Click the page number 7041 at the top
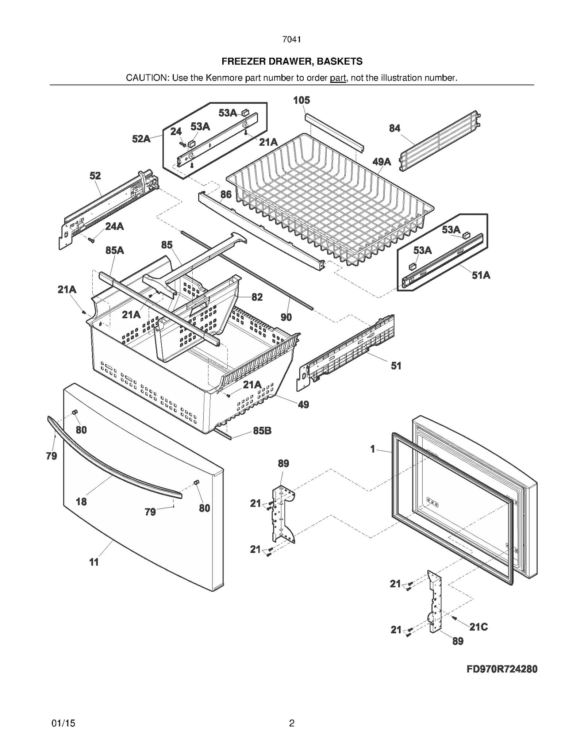point(291,39)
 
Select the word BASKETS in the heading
point(339,61)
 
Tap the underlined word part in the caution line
point(338,78)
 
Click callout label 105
point(301,100)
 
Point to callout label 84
point(395,128)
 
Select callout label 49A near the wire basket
point(382,162)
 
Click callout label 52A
point(141,139)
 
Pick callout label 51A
point(481,275)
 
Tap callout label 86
point(226,194)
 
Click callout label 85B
point(262,431)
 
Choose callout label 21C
point(478,627)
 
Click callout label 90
point(286,317)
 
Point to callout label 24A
point(115,226)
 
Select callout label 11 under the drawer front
point(94,562)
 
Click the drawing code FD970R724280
point(502,669)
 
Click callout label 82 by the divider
point(257,297)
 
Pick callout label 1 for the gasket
point(373,449)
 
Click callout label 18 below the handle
point(81,502)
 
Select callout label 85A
point(115,250)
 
